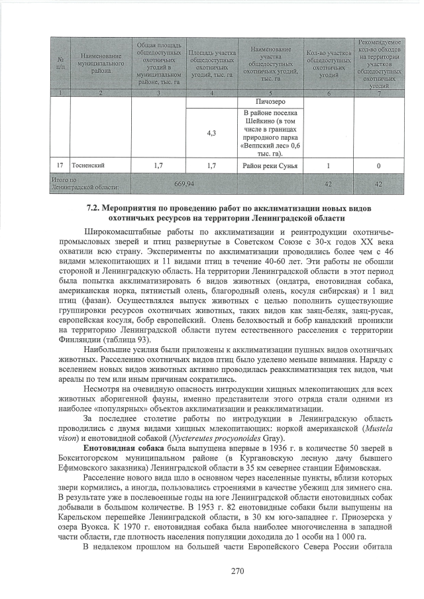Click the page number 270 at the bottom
(x=211, y=571)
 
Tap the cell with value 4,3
(x=211, y=133)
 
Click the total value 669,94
(x=183, y=183)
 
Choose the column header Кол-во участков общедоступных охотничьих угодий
(x=325, y=62)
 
